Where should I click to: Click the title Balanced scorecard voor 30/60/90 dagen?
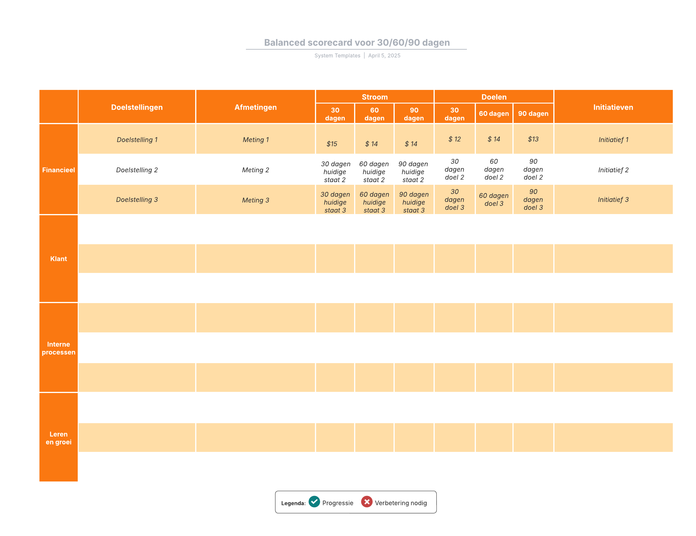coord(357,42)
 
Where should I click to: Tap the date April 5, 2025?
coord(384,55)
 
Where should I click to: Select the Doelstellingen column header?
coord(137,107)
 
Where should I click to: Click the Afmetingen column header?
coord(255,107)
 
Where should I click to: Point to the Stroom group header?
coord(374,97)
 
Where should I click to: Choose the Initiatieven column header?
coord(613,107)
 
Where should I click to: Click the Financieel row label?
coord(58,170)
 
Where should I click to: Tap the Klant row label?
coord(58,258)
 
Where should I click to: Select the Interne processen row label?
coord(58,348)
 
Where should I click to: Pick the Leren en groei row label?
coord(58,438)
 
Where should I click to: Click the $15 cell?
coord(332,144)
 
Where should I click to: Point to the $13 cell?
coord(533,139)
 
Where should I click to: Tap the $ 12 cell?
coord(454,139)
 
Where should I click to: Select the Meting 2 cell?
coord(255,170)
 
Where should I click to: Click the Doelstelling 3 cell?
coord(137,200)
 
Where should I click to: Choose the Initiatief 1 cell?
coord(613,140)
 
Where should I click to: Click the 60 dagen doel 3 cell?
coord(494,200)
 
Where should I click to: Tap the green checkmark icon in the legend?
coord(314,501)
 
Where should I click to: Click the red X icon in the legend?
coord(367,501)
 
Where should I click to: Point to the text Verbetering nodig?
coord(400,503)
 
